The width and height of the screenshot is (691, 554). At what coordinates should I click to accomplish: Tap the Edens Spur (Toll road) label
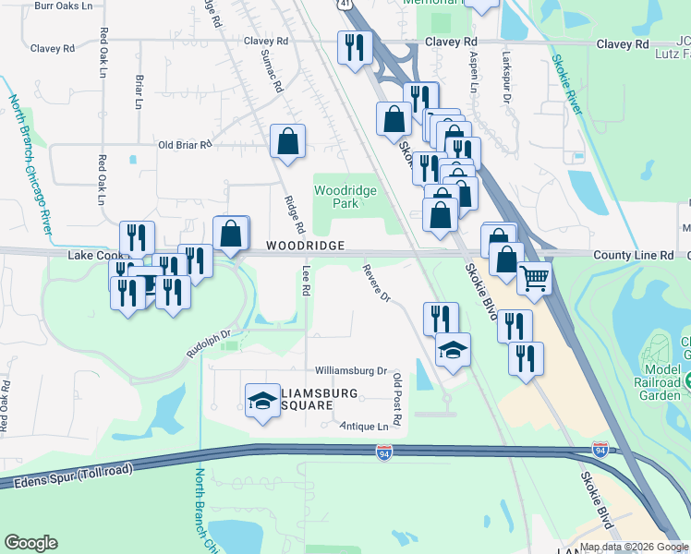tap(67, 476)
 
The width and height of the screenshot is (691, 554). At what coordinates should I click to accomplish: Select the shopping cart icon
tap(535, 278)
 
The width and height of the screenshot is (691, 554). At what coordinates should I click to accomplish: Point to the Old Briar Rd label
tap(185, 145)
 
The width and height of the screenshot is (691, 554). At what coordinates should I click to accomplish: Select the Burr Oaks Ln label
tap(63, 6)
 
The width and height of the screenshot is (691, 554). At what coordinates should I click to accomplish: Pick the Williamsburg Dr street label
tap(350, 370)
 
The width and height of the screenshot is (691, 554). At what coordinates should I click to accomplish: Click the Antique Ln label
tap(364, 427)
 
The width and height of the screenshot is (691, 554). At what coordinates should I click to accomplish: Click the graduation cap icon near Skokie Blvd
tap(453, 350)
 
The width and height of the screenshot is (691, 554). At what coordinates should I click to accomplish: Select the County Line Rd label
tap(633, 255)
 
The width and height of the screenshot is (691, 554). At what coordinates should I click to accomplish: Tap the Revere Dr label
tap(377, 284)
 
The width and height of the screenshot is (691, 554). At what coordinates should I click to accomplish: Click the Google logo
tap(31, 543)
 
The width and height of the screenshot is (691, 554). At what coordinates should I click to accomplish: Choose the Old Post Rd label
tap(397, 399)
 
